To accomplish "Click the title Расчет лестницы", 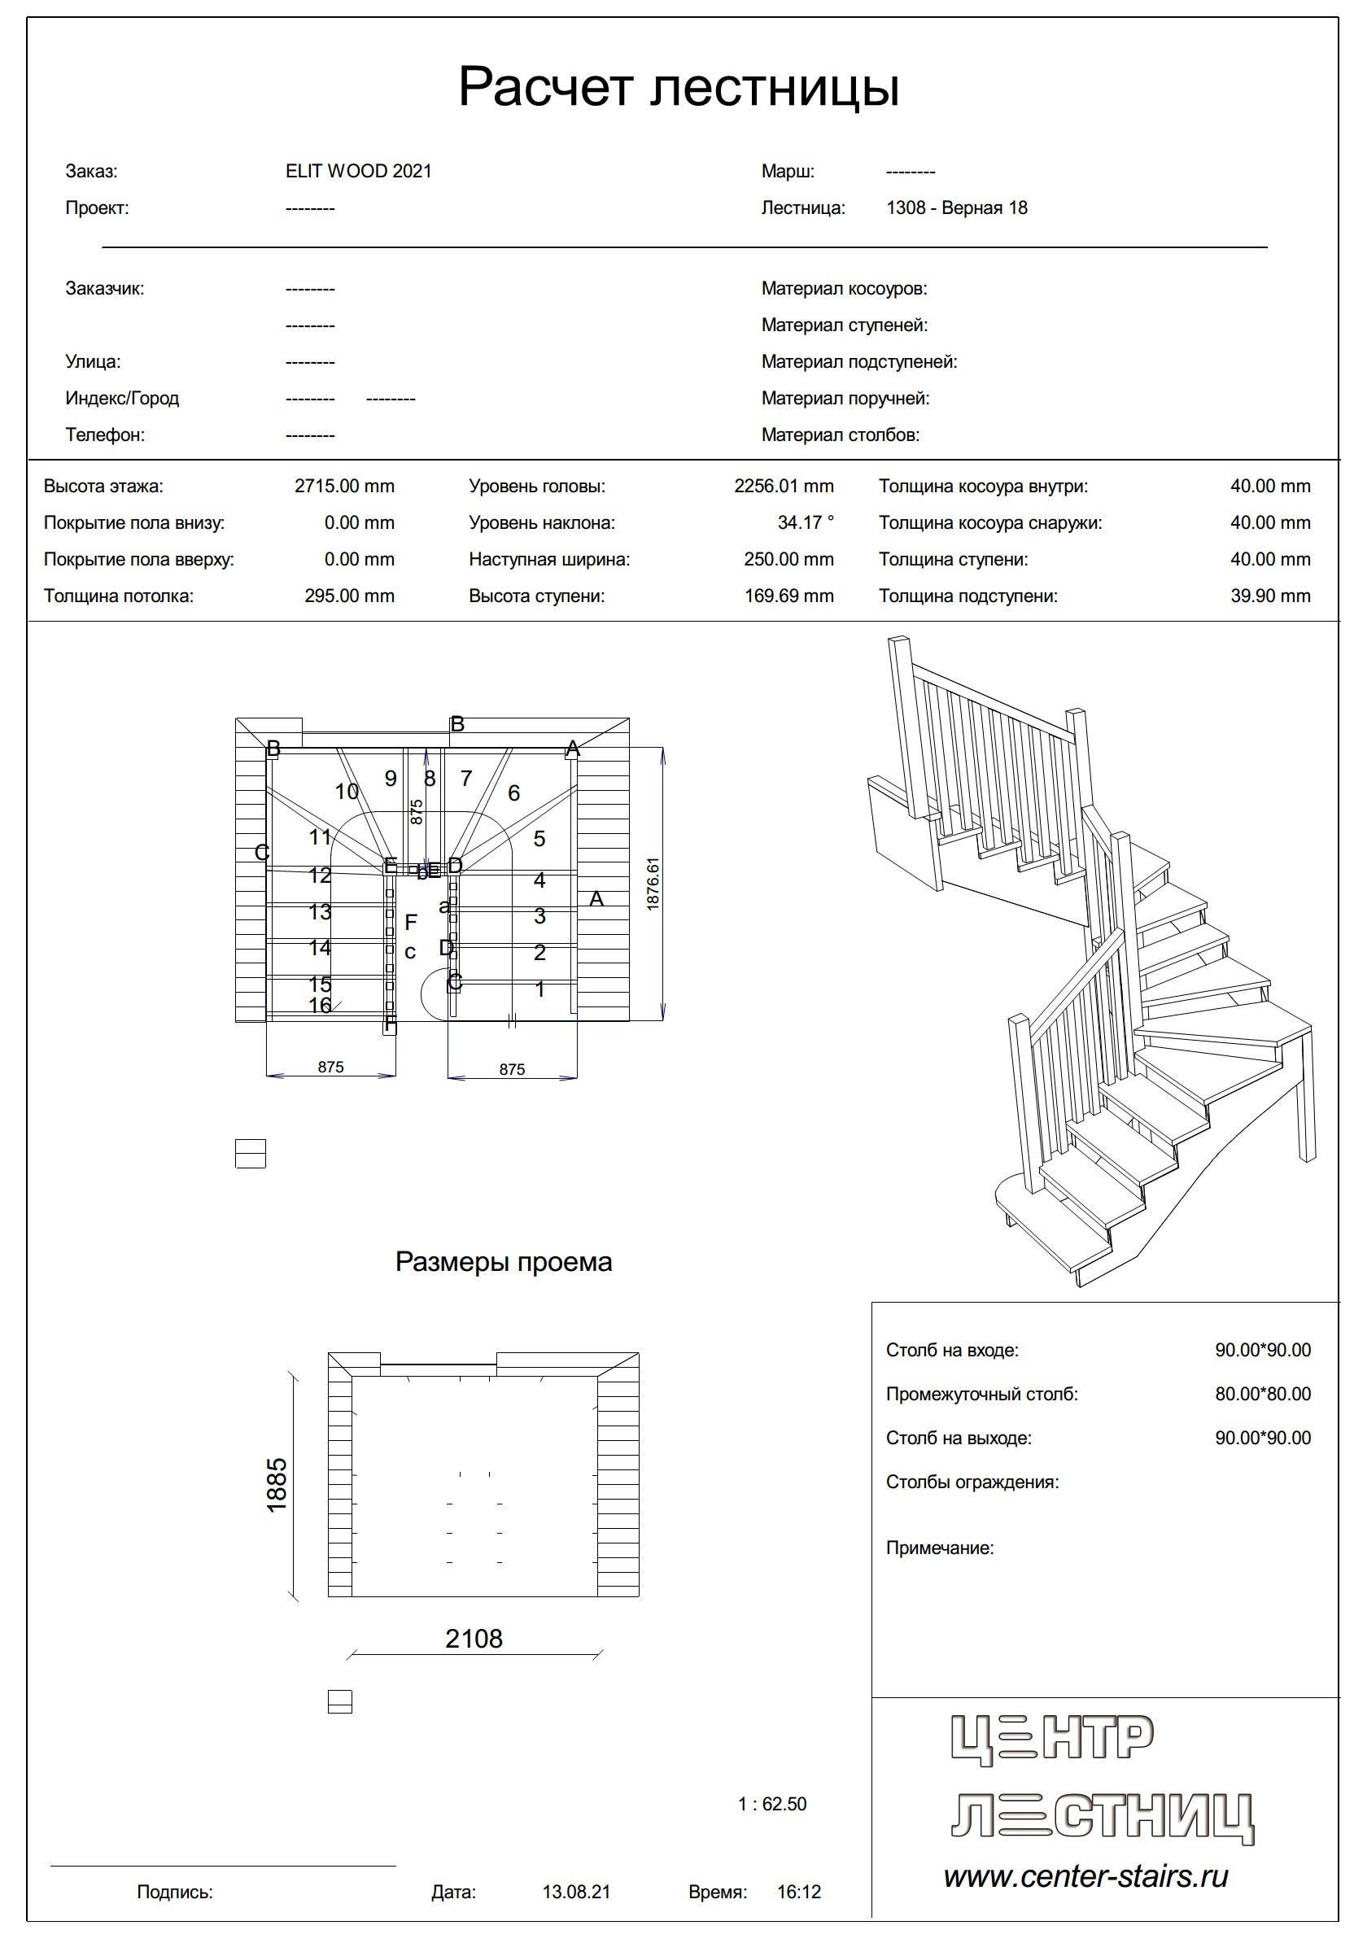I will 678,86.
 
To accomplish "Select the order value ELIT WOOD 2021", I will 358,171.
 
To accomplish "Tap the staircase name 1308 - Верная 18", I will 956,207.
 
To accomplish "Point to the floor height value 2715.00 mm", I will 344,486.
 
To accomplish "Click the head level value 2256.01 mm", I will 784,486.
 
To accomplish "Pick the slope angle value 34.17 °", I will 805,522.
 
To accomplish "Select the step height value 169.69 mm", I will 788,596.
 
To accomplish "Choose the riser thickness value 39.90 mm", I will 1269,596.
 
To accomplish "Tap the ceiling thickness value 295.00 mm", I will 350,596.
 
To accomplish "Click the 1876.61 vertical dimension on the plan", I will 652,884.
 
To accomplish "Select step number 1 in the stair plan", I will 540,989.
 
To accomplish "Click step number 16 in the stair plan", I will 320,1006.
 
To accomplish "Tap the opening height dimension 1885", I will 277,1484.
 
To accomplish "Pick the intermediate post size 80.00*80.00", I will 1263,1394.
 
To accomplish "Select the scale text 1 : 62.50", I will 771,1803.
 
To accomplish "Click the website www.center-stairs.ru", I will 1085,1877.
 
